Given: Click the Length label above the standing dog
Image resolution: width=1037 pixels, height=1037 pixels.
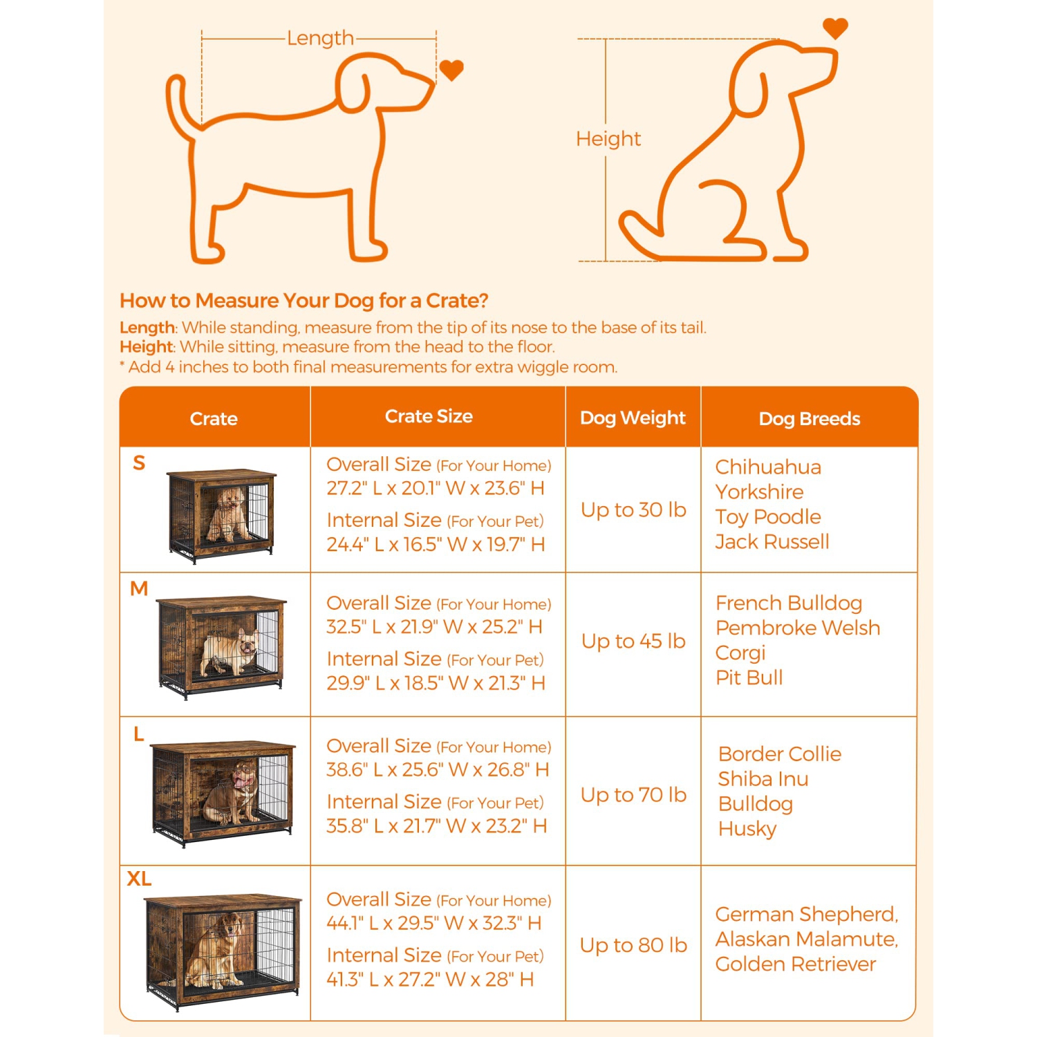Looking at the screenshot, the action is pos(320,38).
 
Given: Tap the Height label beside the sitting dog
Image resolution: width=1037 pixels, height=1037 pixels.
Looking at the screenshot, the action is pos(608,139).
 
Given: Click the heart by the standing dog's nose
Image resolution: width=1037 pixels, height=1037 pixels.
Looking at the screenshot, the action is pos(451,70).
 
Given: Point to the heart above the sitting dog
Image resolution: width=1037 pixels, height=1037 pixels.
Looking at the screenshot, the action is pos(835,28).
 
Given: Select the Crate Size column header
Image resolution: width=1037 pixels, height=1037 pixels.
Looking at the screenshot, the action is pos(429,416).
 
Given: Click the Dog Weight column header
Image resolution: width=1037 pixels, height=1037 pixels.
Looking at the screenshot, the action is pos(633,418).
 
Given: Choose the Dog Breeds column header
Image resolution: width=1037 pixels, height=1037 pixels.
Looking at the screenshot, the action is pos(810,419).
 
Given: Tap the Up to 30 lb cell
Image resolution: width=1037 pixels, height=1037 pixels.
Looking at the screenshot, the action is pos(633,510).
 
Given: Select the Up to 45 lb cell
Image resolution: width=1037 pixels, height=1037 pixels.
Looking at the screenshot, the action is pos(633,642).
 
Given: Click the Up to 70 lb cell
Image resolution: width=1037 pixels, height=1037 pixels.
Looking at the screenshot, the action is pos(633,795).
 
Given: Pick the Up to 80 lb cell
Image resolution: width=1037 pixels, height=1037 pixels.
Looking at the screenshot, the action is pos(633,945).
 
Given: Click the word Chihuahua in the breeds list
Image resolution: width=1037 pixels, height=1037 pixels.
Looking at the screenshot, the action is pos(768,467).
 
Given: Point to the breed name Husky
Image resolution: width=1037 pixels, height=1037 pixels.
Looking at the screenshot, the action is pos(747,829).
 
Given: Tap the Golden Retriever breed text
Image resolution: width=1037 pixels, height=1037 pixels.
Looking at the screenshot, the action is pos(796,964).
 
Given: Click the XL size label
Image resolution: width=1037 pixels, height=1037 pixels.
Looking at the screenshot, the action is pos(139,879).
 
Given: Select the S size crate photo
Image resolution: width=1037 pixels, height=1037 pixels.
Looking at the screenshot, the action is pos(221,516).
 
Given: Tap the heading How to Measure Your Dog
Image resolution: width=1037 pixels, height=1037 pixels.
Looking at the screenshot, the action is pos(304,301).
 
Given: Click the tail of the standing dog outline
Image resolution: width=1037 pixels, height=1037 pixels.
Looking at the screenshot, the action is pos(179,104).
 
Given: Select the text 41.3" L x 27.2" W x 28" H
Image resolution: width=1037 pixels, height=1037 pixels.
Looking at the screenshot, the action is pos(430,980).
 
